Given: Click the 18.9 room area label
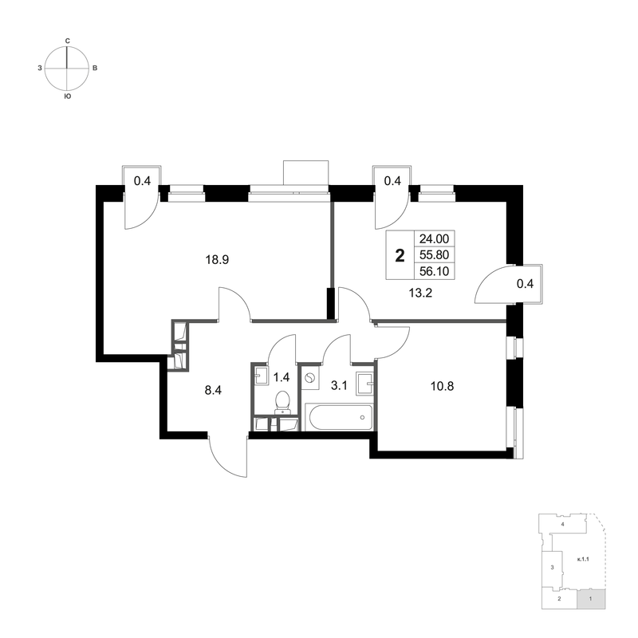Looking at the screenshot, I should click(x=213, y=259).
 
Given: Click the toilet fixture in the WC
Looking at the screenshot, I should click(x=282, y=401).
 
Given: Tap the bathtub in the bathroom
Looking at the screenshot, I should click(x=338, y=416).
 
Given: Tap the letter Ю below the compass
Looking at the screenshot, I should click(x=68, y=96).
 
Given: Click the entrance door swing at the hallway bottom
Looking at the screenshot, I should click(x=227, y=459).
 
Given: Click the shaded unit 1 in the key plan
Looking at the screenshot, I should click(x=590, y=597).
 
